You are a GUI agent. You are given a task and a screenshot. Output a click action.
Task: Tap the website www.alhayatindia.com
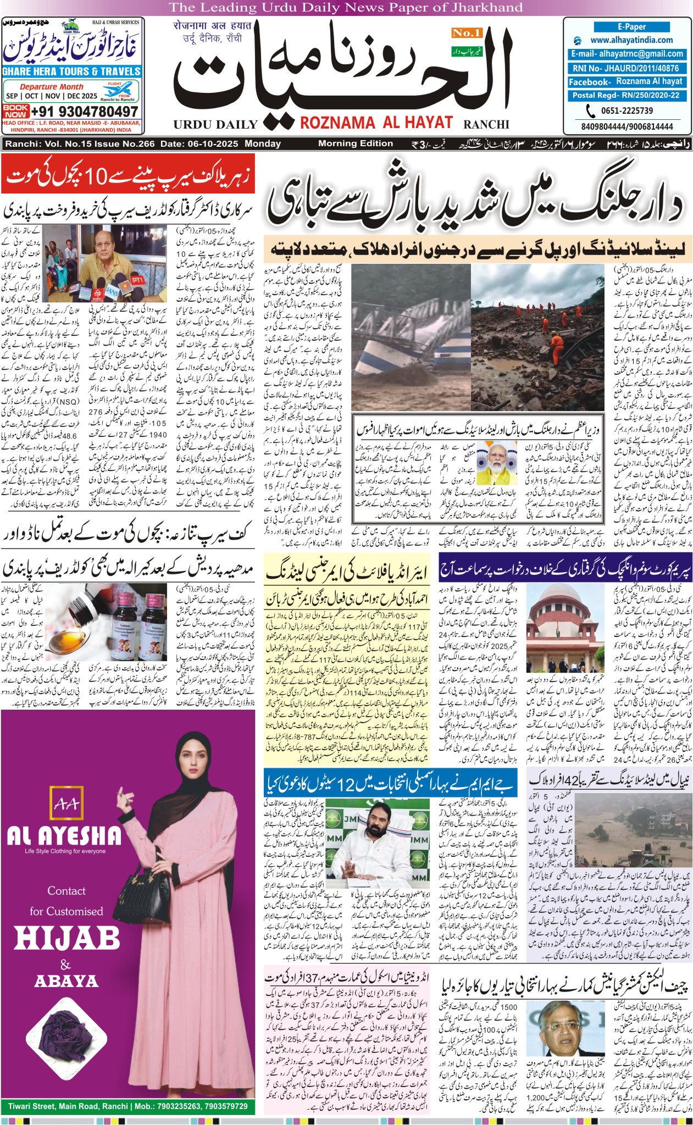(x=631, y=40)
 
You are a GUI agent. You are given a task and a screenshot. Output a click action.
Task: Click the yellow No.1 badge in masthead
(x=466, y=33)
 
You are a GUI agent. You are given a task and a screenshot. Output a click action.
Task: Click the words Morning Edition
(x=356, y=143)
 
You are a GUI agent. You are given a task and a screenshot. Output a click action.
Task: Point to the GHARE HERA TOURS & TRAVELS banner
(x=71, y=71)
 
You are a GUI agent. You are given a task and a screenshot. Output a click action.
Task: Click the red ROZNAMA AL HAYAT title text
(x=376, y=123)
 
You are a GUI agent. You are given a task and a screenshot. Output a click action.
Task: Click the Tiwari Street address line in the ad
(x=127, y=1106)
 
